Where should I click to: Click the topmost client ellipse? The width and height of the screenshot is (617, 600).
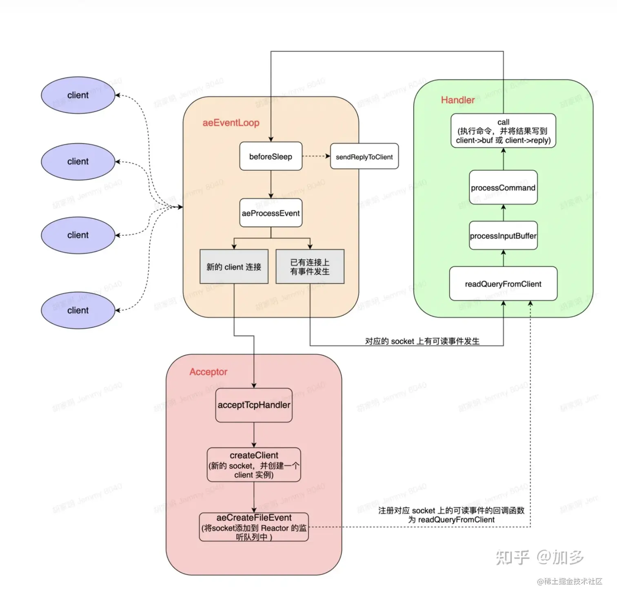coord(78,95)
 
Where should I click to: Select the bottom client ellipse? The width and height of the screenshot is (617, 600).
coord(78,310)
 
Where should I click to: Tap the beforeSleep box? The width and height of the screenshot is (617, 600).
coord(271,157)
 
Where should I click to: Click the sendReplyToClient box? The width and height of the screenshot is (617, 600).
coord(364,157)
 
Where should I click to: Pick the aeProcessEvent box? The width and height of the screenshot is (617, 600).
coord(271,213)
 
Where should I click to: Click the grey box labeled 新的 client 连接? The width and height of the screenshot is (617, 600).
coord(234,267)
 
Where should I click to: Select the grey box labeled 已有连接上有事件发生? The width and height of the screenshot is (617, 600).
coord(310,267)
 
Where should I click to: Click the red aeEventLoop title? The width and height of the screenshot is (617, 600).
coord(231,123)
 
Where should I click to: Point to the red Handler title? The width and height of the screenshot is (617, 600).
coord(458,100)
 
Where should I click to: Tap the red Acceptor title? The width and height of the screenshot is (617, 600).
coord(208,372)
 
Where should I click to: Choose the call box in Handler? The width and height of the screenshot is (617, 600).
coord(503,131)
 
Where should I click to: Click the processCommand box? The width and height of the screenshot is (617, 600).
coord(503,188)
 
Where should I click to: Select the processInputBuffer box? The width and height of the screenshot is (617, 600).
coord(503,236)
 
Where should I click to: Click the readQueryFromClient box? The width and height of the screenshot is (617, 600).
coord(503,284)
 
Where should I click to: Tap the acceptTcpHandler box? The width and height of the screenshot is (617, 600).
coord(254,405)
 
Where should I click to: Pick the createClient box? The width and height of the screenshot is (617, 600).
coord(254,465)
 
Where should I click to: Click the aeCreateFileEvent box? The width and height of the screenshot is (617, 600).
coord(254,527)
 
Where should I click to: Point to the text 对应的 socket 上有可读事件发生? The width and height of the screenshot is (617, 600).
coord(422,341)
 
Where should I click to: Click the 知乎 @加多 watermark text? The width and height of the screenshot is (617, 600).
coord(539,557)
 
